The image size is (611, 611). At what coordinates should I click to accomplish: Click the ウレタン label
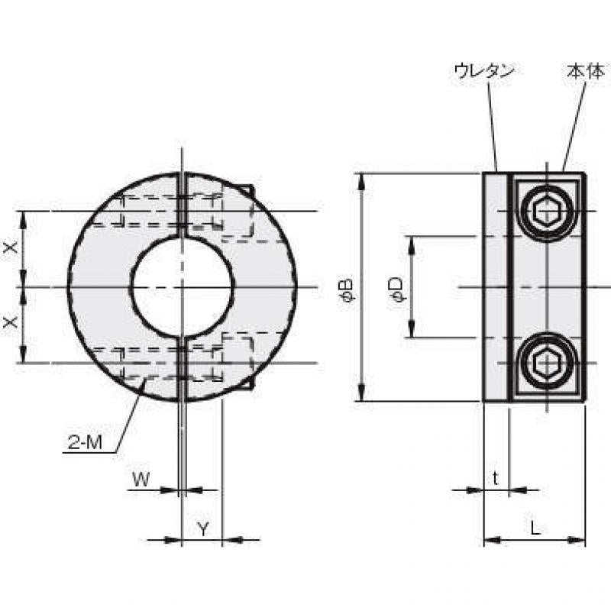pos(485,72)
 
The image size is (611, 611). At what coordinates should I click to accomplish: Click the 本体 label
pos(585,72)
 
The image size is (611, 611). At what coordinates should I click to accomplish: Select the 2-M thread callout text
pos(85,442)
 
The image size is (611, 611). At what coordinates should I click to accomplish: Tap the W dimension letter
pos(141,480)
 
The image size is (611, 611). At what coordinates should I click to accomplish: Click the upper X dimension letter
pos(11,247)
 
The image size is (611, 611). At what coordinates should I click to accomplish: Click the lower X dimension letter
pos(11,322)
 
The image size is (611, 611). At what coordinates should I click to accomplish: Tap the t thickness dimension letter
pos(495,479)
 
